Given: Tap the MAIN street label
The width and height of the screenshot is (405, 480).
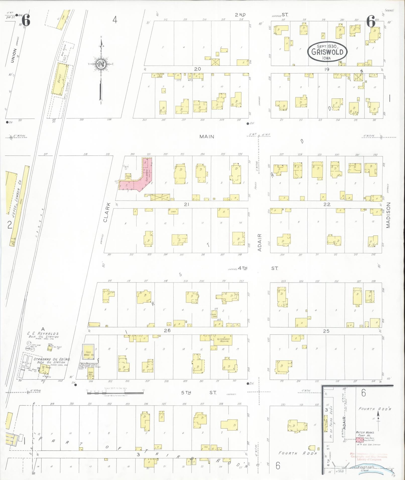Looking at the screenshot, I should coord(207,136).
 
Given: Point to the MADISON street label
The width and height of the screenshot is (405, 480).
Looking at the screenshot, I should coord(388,215).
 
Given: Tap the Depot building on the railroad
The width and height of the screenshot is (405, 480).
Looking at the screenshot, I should coord(60,79).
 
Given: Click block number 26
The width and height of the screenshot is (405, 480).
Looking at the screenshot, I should coord(167,330).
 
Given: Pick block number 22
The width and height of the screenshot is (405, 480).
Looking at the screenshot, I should coord(327,204).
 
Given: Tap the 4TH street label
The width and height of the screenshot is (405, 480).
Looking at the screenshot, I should coord(243,268).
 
